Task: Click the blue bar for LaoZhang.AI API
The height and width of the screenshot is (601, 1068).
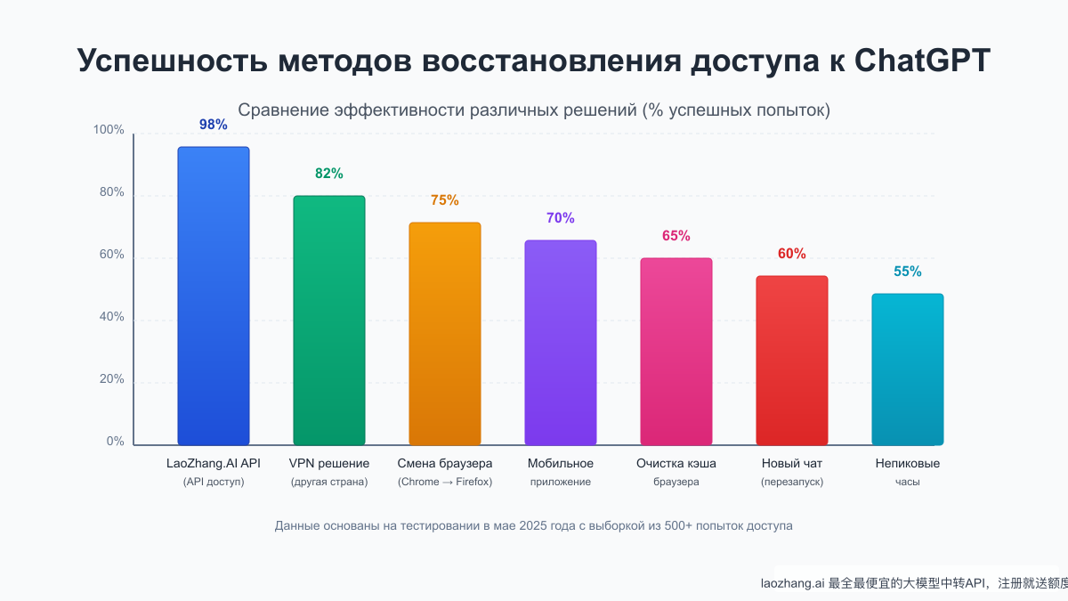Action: pyautogui.click(x=214, y=296)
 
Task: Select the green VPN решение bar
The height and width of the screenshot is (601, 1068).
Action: pyautogui.click(x=329, y=321)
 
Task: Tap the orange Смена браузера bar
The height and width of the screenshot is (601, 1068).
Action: pyautogui.click(x=445, y=334)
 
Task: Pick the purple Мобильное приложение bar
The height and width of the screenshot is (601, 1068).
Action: pyautogui.click(x=561, y=343)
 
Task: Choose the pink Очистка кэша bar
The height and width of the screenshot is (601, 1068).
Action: pyautogui.click(x=676, y=352)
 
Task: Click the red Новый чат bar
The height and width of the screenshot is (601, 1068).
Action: pyautogui.click(x=792, y=361)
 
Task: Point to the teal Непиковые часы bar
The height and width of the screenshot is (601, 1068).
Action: pyautogui.click(x=908, y=370)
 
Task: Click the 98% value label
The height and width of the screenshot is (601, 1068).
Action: pyautogui.click(x=214, y=125)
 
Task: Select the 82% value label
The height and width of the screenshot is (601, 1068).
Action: pyautogui.click(x=329, y=174)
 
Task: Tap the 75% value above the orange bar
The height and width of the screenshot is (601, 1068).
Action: pyautogui.click(x=445, y=200)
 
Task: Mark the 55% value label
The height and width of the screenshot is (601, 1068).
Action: pyautogui.click(x=908, y=272)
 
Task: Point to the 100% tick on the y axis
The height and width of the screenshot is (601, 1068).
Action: pyautogui.click(x=109, y=131)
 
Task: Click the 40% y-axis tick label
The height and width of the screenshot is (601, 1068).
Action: pyautogui.click(x=112, y=318)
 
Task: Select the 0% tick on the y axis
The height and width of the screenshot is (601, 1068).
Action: pyautogui.click(x=116, y=442)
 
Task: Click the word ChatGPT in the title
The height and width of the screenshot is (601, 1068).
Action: pyautogui.click(x=922, y=60)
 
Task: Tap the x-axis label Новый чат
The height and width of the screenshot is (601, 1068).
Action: pyautogui.click(x=792, y=464)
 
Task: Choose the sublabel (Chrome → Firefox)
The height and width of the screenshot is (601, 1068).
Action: pyautogui.click(x=445, y=482)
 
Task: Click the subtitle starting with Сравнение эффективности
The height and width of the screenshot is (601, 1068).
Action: pyautogui.click(x=534, y=110)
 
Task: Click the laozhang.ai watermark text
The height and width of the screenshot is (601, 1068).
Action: pyautogui.click(x=792, y=584)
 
